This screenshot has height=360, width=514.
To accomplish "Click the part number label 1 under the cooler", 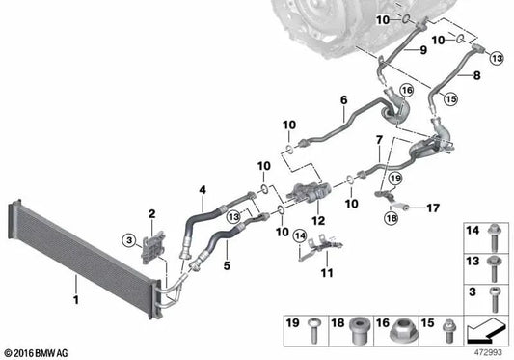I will (74, 285).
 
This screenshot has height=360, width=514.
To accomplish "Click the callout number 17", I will (433, 207).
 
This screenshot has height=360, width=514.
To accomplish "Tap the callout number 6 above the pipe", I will (342, 99).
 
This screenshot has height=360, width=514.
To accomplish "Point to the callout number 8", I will (475, 71).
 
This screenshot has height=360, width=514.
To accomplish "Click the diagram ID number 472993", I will (486, 352).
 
